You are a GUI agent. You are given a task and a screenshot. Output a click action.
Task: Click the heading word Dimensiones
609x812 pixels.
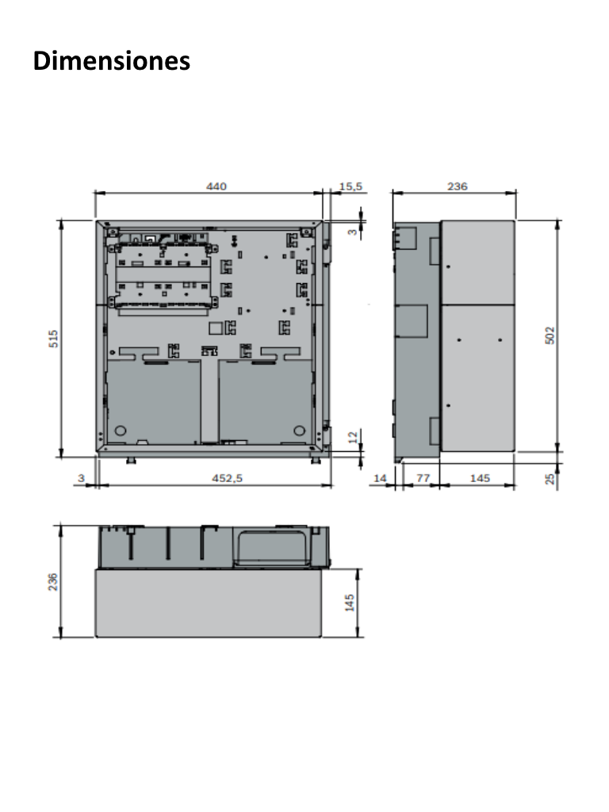coord(112,61)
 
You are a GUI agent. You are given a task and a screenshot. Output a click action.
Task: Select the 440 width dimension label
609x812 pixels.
coord(216,186)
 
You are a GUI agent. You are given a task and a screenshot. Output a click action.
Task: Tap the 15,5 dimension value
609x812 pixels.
coord(350,186)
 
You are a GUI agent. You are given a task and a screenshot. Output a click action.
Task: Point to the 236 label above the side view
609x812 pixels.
coord(458,186)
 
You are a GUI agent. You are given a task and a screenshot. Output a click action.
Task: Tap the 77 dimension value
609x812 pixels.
coord(422,478)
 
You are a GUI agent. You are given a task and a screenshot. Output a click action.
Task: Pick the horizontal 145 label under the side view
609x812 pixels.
coord(480,478)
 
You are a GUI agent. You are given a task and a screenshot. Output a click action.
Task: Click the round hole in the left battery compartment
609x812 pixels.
coord(121,431)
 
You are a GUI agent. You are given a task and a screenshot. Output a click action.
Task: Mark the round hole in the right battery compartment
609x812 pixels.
coord(300,431)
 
